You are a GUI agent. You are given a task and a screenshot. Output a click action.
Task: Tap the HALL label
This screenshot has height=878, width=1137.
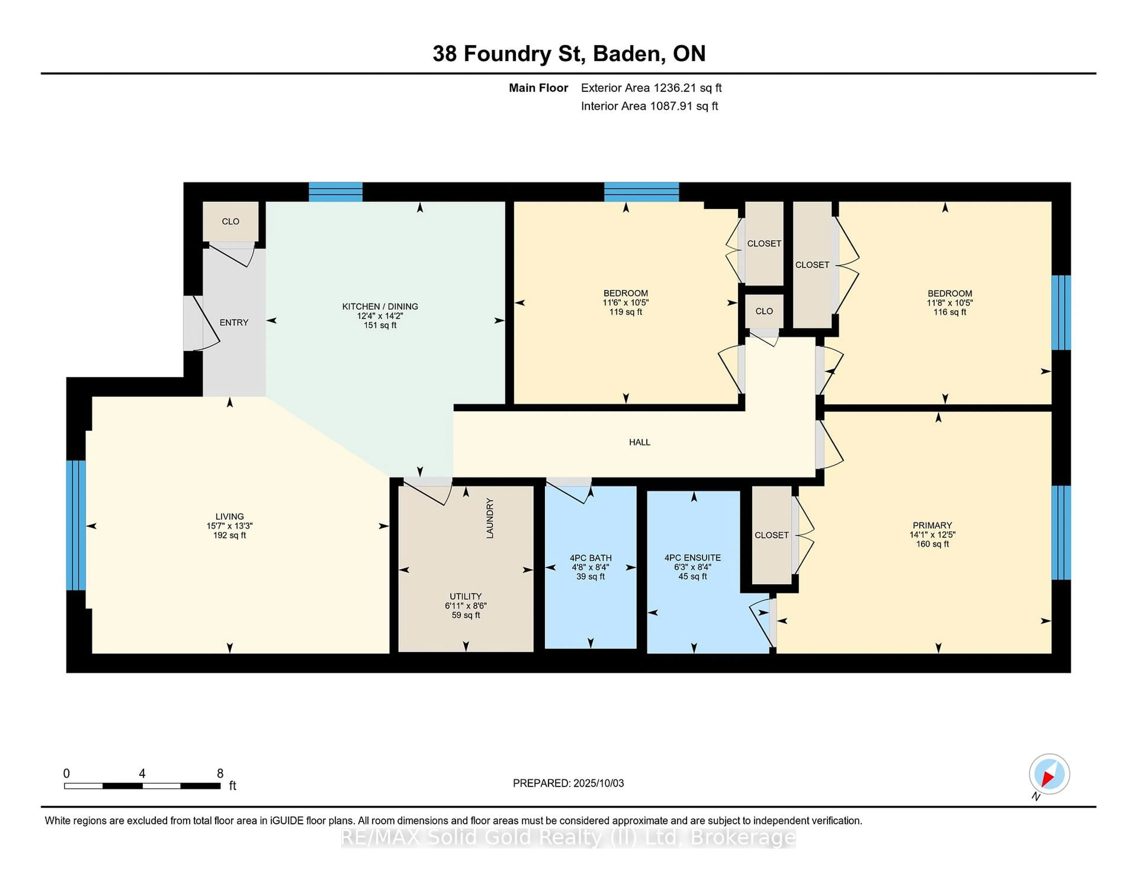[x=639, y=442]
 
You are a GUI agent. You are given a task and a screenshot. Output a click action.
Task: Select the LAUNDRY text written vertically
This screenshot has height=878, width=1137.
[x=489, y=518]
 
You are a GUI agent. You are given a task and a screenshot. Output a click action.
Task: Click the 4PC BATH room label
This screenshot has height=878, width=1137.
[x=590, y=558]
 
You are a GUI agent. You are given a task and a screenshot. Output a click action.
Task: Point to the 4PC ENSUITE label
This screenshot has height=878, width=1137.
[x=692, y=558]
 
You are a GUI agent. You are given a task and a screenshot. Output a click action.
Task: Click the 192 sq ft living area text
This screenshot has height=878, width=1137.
[x=229, y=535]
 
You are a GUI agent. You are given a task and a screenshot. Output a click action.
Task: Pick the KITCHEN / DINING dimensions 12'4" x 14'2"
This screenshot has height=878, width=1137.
[x=380, y=316]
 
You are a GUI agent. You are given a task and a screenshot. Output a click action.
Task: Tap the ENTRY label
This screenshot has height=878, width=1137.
[x=234, y=322]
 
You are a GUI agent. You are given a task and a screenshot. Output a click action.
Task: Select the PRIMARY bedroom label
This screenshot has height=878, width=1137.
[x=932, y=525]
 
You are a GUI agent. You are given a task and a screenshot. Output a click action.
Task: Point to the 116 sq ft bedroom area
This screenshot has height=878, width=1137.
[x=950, y=312]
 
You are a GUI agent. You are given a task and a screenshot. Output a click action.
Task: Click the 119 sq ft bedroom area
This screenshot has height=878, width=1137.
[x=625, y=312]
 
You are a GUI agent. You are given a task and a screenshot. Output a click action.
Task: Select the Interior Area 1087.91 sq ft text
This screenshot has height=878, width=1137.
[x=649, y=106]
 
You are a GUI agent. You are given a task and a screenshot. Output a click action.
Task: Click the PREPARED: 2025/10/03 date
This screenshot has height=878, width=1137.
[x=568, y=783]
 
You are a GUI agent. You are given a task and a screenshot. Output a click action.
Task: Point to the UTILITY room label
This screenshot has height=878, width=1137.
[x=465, y=597]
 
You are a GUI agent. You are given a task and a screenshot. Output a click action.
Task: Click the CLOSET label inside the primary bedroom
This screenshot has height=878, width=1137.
[x=772, y=535]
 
